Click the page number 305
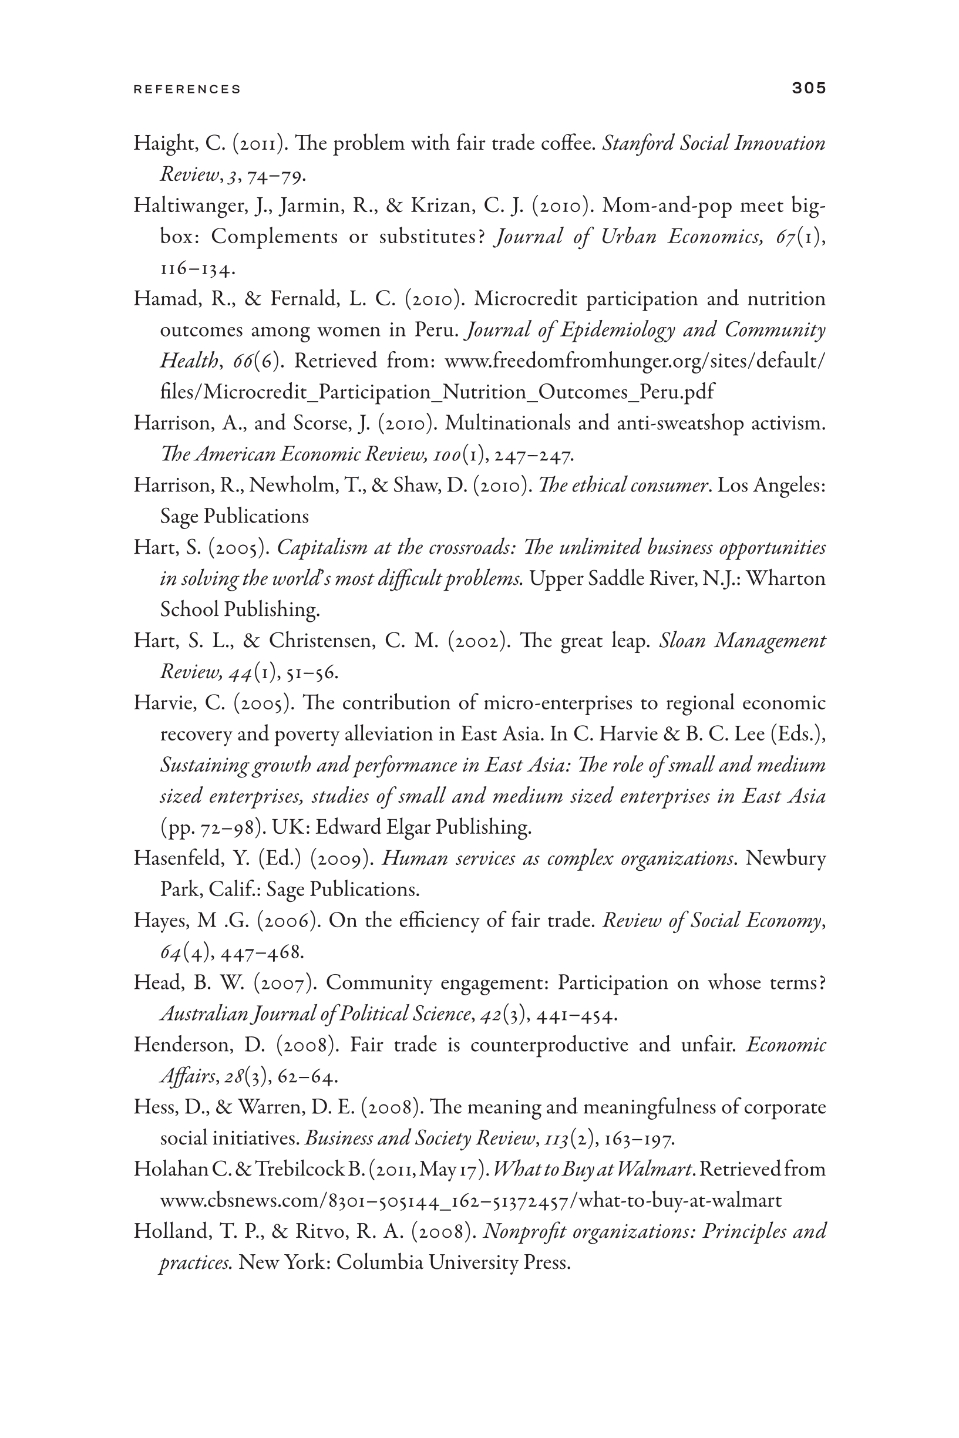point(809,88)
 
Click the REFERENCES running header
point(187,89)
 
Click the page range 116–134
point(197,268)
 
